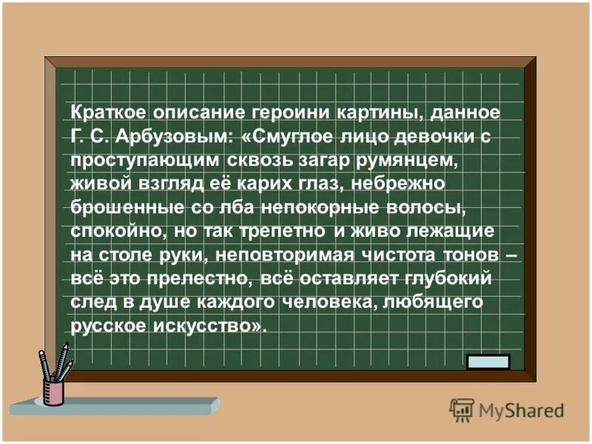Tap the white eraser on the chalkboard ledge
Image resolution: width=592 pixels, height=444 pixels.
pos(488,362)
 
